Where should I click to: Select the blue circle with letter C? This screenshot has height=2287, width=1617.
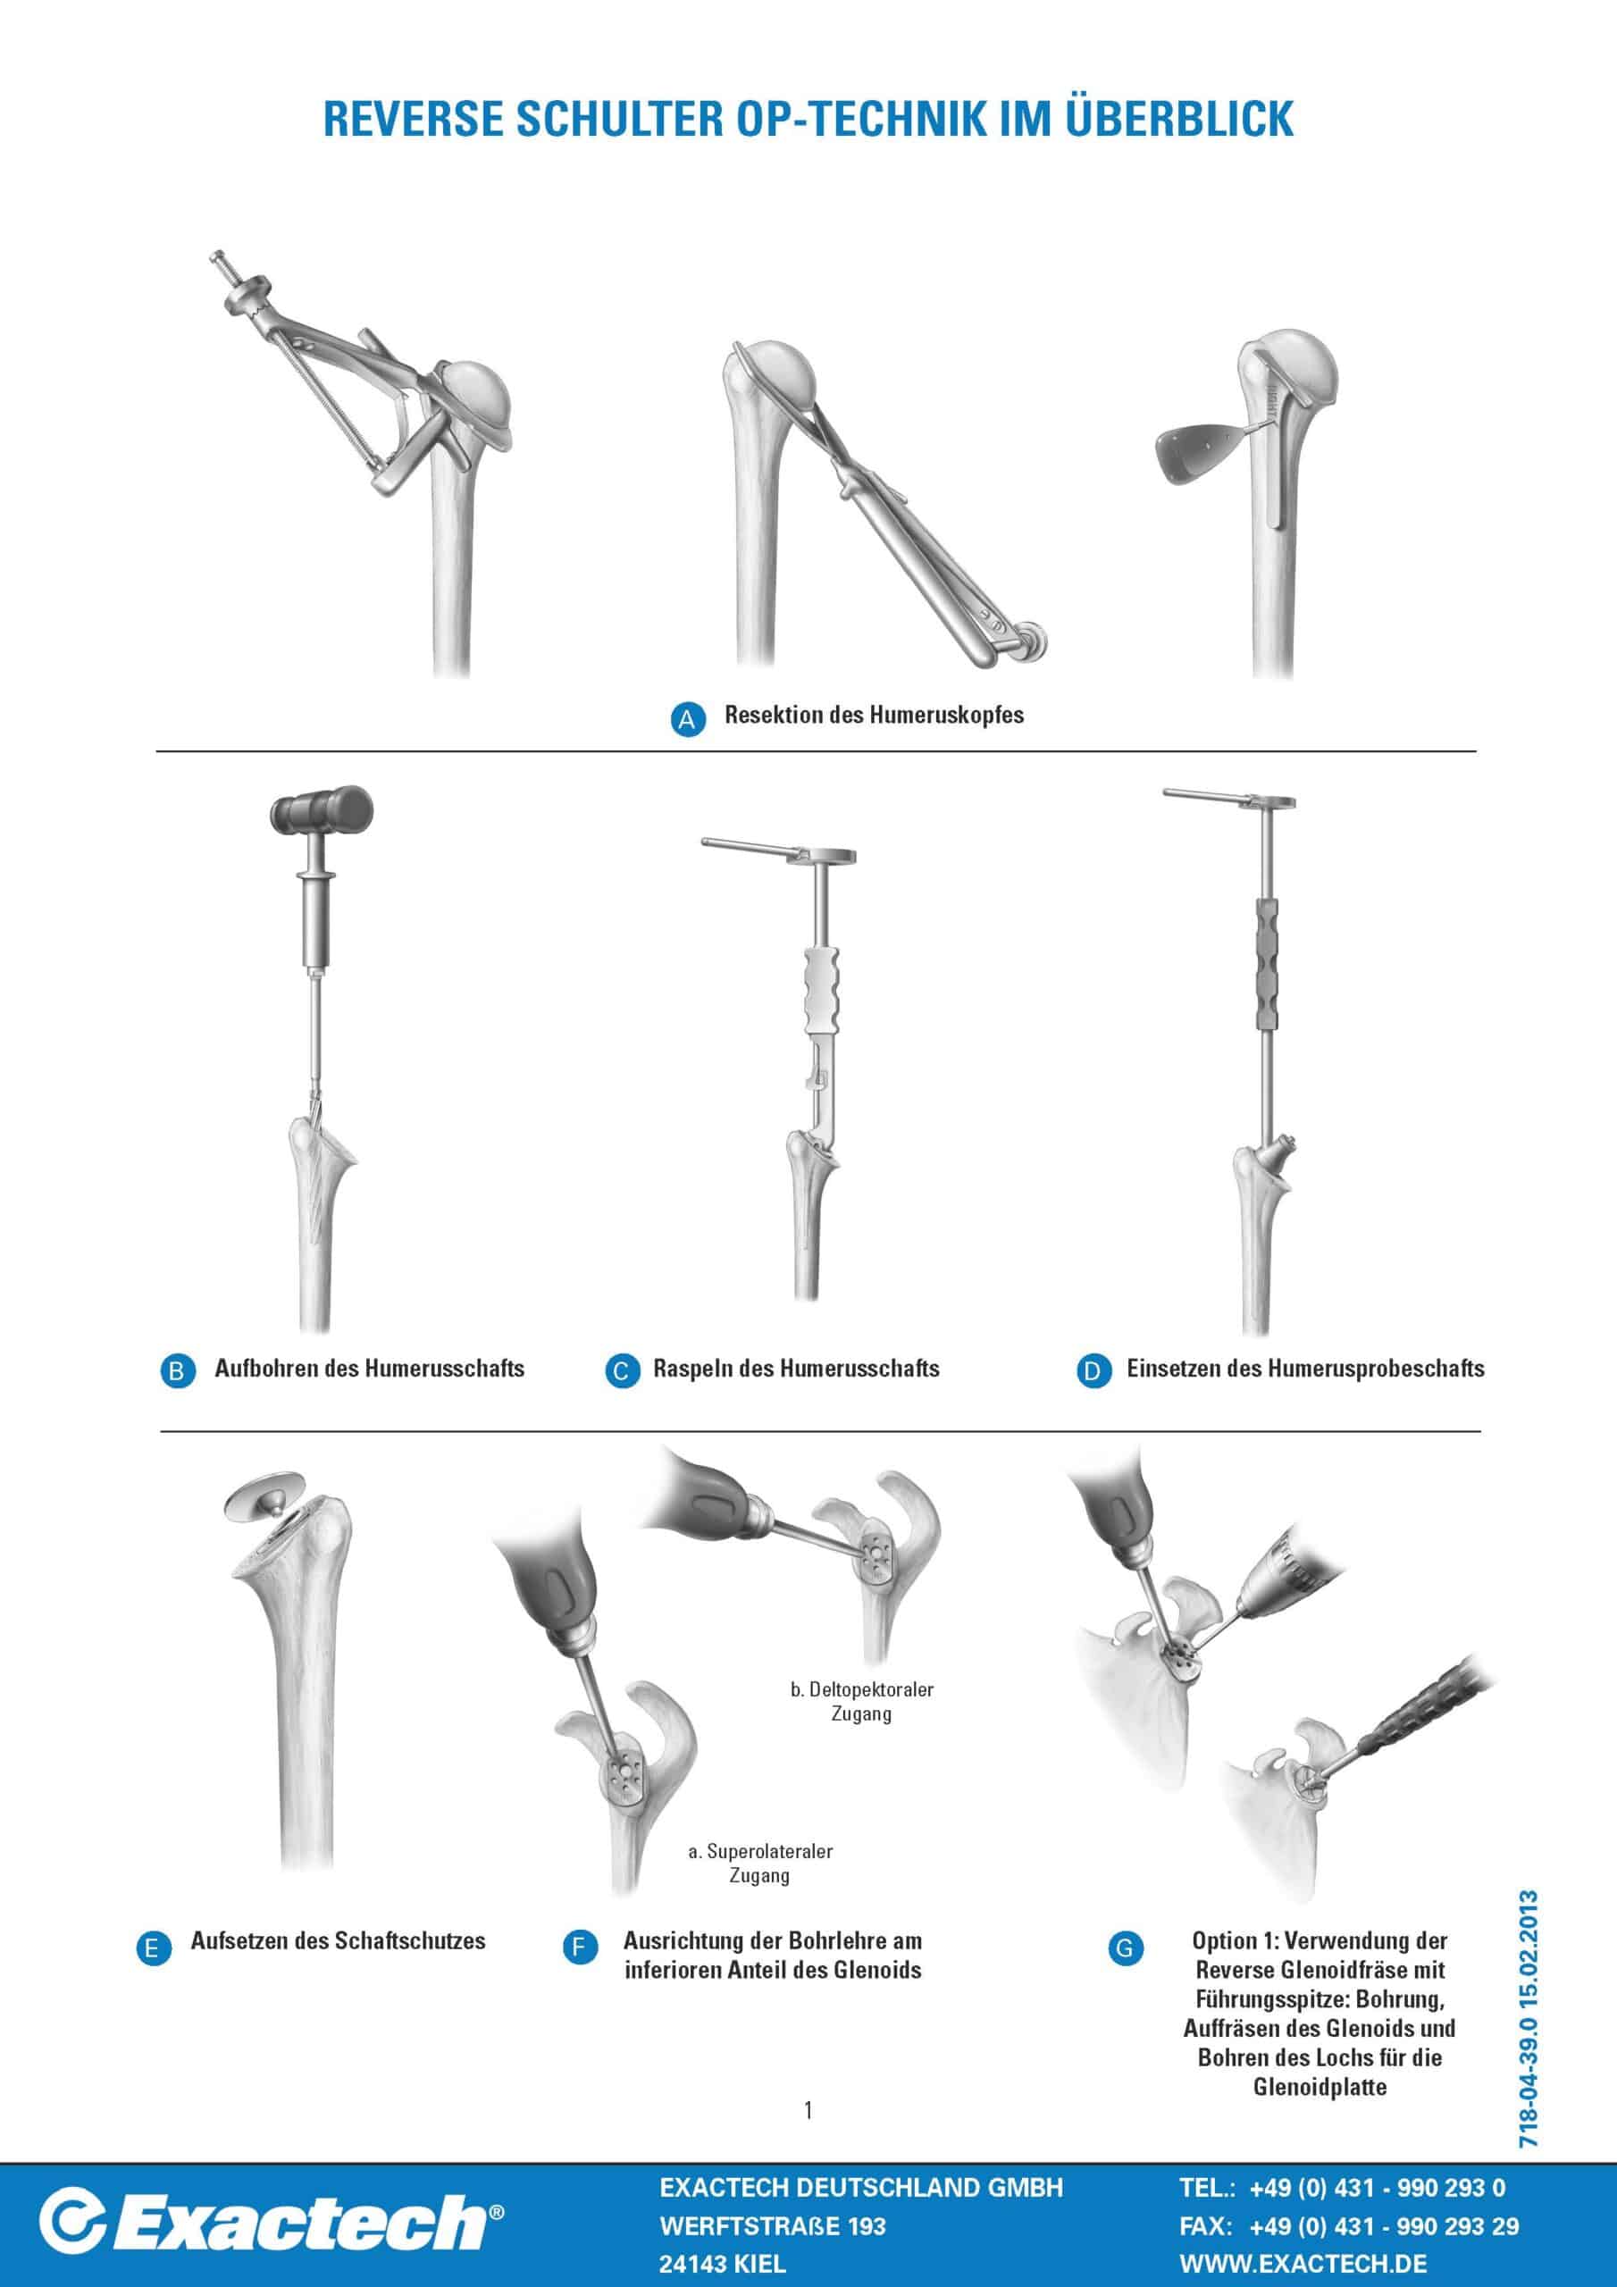pos(623,1370)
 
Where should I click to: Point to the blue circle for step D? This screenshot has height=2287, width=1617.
pos(1092,1370)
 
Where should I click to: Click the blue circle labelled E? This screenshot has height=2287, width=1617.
pos(153,1948)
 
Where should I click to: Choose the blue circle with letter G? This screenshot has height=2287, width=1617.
pos(1125,1948)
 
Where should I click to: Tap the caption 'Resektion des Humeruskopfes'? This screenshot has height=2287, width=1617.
pos(874,716)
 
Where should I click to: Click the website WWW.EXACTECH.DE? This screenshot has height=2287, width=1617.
pos(1303,2255)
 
